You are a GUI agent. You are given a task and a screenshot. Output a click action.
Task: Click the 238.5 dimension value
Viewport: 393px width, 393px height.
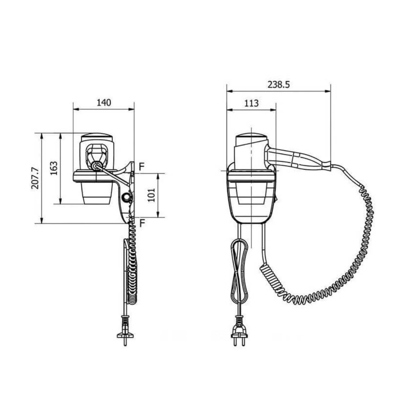pyautogui.click(x=278, y=84)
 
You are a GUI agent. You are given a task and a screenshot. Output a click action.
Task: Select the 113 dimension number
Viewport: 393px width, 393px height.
pyautogui.click(x=251, y=103)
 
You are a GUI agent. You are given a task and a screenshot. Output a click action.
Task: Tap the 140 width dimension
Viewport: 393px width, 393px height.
pyautogui.click(x=104, y=103)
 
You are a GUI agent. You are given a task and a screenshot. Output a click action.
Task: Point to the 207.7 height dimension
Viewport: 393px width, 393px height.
pyautogui.click(x=35, y=178)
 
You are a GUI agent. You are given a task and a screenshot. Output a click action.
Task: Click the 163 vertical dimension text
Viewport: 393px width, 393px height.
pyautogui.click(x=54, y=168)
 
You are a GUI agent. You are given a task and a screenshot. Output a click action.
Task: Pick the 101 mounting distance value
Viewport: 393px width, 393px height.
pyautogui.click(x=151, y=195)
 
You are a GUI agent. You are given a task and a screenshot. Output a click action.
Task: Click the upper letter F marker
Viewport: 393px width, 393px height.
pyautogui.click(x=142, y=167)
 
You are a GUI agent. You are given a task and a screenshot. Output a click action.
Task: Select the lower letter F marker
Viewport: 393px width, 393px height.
pyautogui.click(x=142, y=223)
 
